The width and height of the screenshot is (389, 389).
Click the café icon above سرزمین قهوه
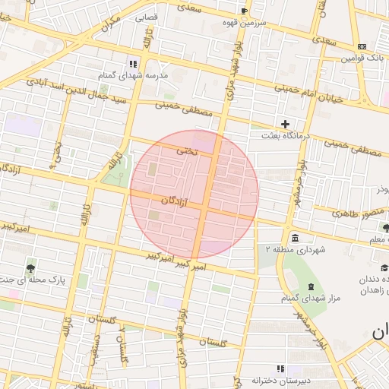244,11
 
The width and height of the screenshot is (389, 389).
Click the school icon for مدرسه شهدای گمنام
132,64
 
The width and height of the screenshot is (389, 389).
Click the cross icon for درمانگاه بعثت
286,123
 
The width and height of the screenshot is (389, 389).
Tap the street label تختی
186,152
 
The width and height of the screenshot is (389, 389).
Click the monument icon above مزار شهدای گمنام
311,286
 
